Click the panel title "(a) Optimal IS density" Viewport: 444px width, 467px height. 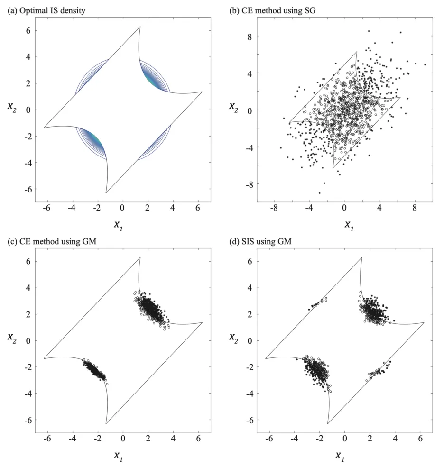pyautogui.click(x=46, y=11)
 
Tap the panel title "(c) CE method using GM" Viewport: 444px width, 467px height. pyautogui.click(x=46, y=242)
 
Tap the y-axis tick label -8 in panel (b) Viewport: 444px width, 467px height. pyautogui.click(x=246, y=184)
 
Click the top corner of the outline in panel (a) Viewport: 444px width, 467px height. pyautogui.click(x=140, y=27)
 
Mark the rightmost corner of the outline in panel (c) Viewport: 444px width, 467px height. pyautogui.click(x=203, y=323)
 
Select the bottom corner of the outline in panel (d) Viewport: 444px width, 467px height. pyautogui.click(x=328, y=423)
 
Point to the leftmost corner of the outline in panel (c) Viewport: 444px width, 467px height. pyautogui.click(x=44, y=358)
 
